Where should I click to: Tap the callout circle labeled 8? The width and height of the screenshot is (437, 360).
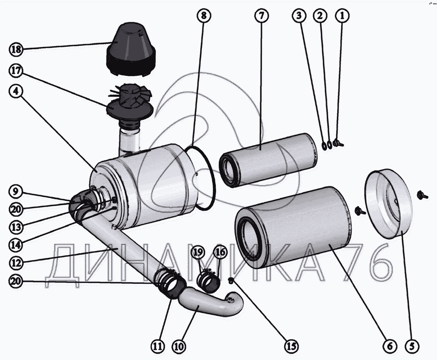(x=203, y=16)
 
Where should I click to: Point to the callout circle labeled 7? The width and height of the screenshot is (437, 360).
(x=261, y=16)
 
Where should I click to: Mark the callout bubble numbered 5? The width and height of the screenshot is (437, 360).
(x=412, y=346)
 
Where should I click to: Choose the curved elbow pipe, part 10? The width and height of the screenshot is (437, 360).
(x=211, y=304)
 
